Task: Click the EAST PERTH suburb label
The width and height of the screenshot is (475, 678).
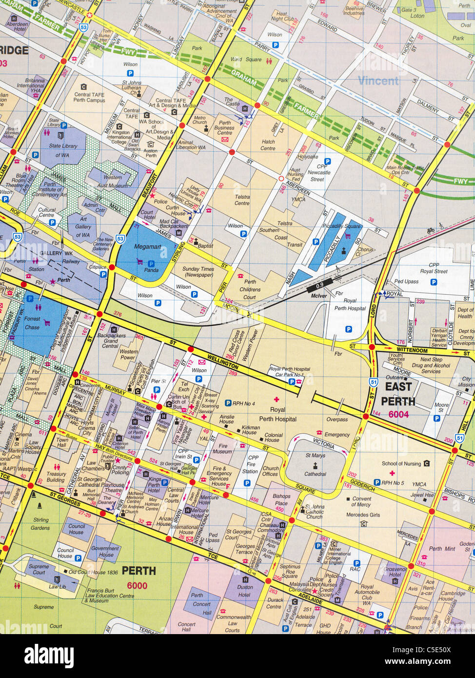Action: tap(397, 394)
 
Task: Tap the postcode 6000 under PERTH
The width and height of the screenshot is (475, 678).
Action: tap(137, 586)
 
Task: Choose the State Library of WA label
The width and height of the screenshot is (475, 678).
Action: tap(62, 150)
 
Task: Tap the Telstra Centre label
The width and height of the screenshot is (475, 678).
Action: tap(242, 200)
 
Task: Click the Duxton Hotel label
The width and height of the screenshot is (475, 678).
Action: tap(244, 591)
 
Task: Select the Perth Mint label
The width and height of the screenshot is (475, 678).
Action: tap(442, 549)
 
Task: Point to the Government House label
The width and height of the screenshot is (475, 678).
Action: tap(106, 551)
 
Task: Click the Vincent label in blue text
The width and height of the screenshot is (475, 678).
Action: tap(378, 80)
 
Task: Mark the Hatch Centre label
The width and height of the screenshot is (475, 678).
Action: tap(268, 145)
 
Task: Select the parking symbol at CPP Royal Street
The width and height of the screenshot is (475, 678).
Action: tap(434, 282)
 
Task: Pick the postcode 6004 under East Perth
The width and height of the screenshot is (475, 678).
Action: tap(398, 415)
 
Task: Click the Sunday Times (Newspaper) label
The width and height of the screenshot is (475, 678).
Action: tap(198, 272)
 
